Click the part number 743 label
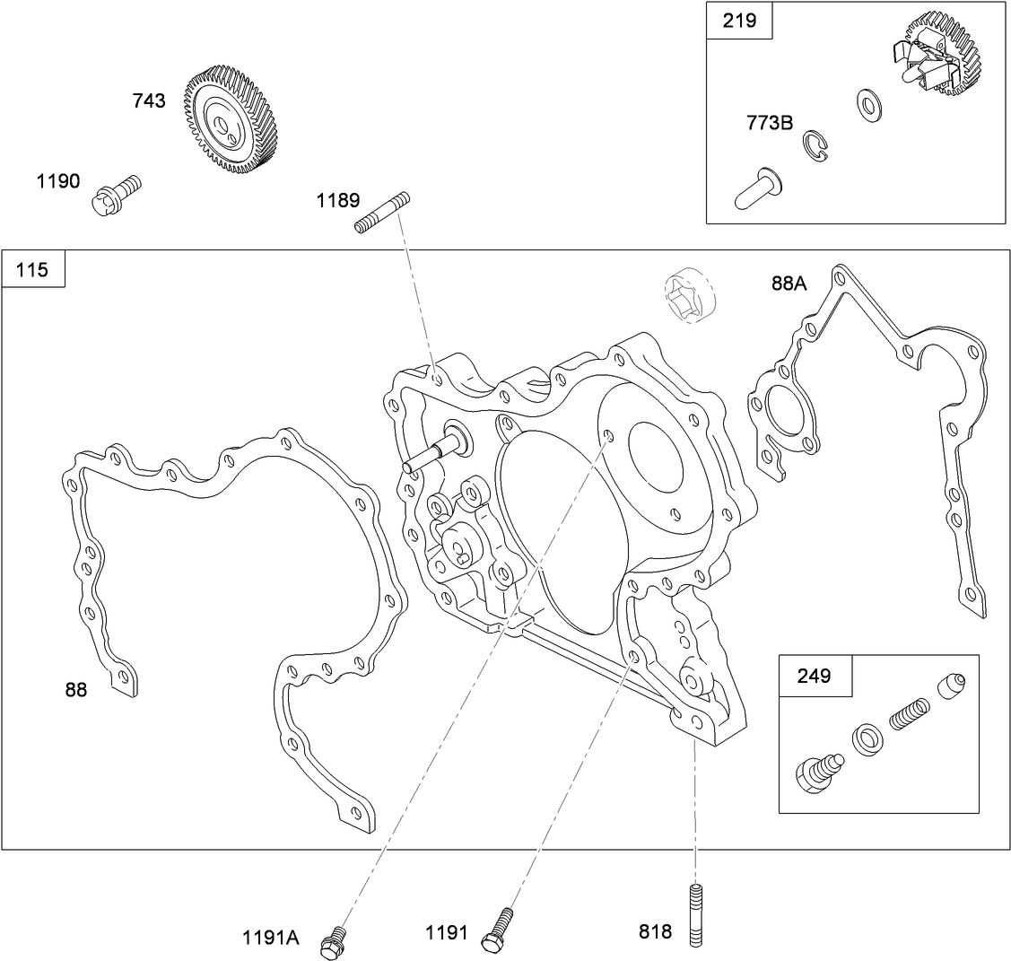pos(149,100)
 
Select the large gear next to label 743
pos(231,117)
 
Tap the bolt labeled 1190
pos(116,194)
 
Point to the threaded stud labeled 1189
pos(381,213)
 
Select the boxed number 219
pos(739,21)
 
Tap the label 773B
pos(770,122)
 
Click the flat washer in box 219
pos(867,105)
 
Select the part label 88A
pos(789,284)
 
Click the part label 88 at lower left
pos(76,689)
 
